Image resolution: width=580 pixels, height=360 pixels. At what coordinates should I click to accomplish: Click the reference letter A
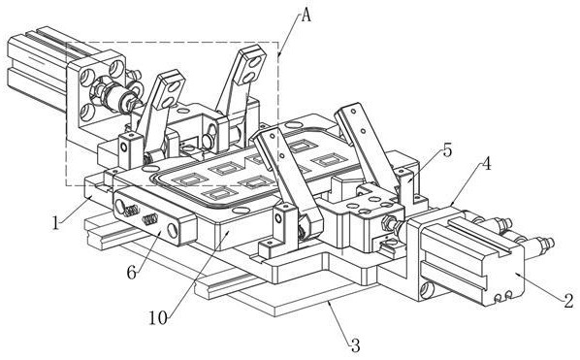[306, 16]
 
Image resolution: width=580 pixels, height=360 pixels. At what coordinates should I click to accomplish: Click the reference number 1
[55, 223]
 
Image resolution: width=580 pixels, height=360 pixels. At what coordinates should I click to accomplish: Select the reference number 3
[355, 345]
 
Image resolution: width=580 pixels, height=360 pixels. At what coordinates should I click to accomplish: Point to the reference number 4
[487, 164]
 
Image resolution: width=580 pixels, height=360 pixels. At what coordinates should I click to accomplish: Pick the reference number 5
[447, 150]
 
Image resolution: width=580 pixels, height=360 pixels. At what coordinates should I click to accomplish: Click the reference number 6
[132, 273]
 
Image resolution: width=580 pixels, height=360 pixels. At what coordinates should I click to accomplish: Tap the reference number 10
[158, 317]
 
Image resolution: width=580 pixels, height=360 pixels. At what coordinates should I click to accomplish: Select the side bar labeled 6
[153, 219]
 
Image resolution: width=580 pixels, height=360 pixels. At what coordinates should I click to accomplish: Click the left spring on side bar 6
[130, 212]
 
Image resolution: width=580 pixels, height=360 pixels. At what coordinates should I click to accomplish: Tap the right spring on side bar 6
[150, 219]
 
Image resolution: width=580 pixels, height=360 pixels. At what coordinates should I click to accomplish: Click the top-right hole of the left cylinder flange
[116, 69]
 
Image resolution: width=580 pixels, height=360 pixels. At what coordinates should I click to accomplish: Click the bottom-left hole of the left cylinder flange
[87, 113]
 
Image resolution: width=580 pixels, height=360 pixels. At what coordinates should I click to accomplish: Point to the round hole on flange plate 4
[427, 288]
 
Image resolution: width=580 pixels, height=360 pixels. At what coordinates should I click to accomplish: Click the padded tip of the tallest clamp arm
[250, 65]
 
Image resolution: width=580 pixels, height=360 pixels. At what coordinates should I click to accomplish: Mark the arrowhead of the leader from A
[278, 56]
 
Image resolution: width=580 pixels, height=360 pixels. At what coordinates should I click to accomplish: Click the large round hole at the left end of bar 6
[120, 206]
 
